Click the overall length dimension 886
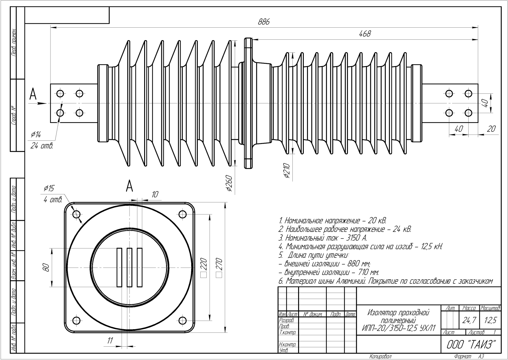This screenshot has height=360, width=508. click(264, 22)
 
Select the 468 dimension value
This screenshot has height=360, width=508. click(364, 34)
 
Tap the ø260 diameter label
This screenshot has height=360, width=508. click(230, 184)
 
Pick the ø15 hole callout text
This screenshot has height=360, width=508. click(49, 188)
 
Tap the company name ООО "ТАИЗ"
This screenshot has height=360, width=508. click(471, 344)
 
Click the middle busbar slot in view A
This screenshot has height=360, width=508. click(129, 268)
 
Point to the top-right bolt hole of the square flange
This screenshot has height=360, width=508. click(183, 214)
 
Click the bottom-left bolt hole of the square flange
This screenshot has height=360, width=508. click(76, 320)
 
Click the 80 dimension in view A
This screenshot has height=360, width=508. click(46, 268)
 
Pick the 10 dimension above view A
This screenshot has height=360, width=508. click(155, 194)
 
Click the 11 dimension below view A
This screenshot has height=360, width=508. click(110, 341)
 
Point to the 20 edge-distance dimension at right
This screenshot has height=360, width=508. click(491, 129)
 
